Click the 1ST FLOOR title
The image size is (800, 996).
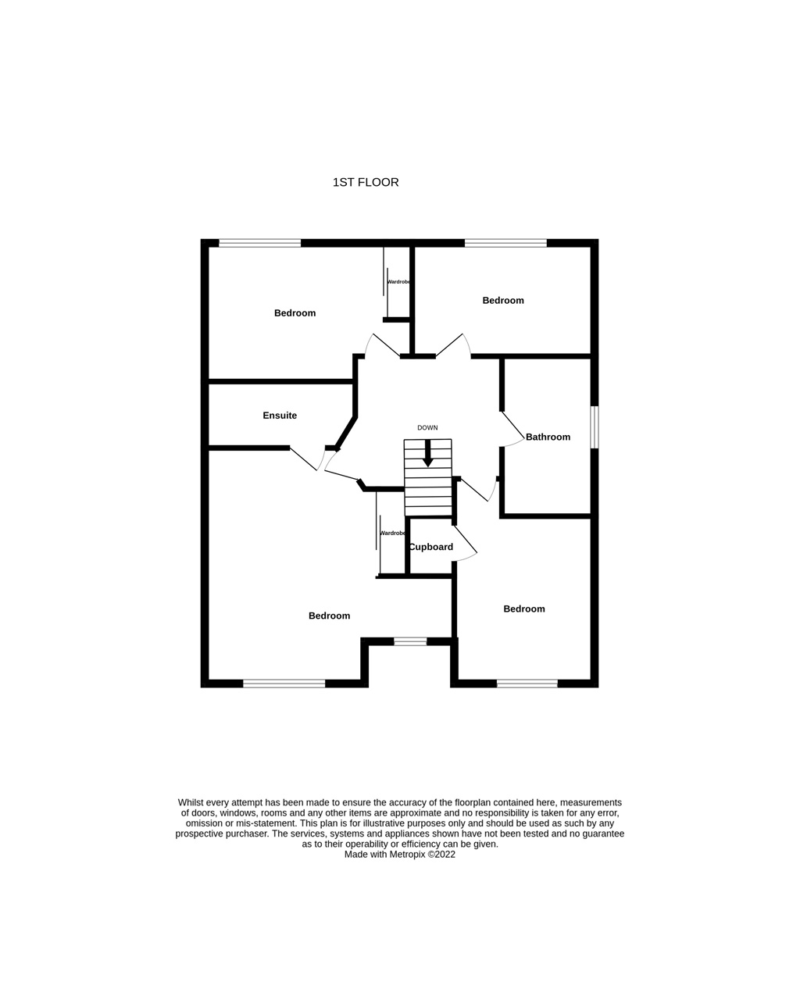pyautogui.click(x=366, y=182)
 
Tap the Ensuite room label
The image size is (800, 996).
pyautogui.click(x=280, y=416)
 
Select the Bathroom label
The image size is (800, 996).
pyautogui.click(x=548, y=437)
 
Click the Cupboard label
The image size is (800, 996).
pyautogui.click(x=431, y=547)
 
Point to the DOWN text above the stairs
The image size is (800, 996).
pyautogui.click(x=427, y=427)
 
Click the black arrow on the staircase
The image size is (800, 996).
pyautogui.click(x=428, y=453)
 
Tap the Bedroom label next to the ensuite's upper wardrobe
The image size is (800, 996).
pyautogui.click(x=295, y=313)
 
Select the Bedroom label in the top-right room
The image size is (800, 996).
pyautogui.click(x=503, y=301)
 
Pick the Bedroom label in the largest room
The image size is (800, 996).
pyautogui.click(x=329, y=616)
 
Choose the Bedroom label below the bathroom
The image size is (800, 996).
pyautogui.click(x=524, y=609)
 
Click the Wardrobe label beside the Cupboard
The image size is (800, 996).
pyautogui.click(x=393, y=534)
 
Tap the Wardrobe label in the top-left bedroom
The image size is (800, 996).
pyautogui.click(x=398, y=282)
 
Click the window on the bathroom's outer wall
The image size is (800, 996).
pyautogui.click(x=595, y=427)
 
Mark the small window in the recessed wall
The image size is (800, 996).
pyautogui.click(x=410, y=641)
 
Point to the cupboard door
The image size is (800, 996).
pyautogui.click(x=465, y=544)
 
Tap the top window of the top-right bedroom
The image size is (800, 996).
pyautogui.click(x=505, y=243)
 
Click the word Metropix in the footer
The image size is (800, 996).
pyautogui.click(x=407, y=855)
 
